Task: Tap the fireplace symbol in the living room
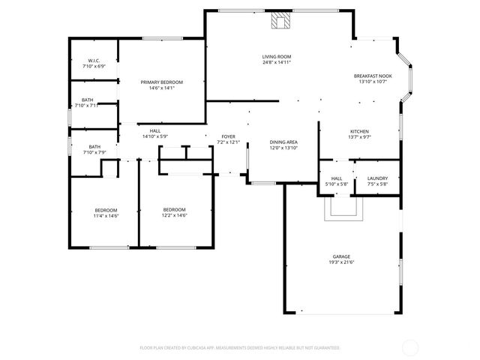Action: (x=281, y=21)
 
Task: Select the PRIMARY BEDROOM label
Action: (x=161, y=82)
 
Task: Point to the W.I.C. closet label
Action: (x=94, y=60)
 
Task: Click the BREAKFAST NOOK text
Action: (x=373, y=76)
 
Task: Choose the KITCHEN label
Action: (x=360, y=131)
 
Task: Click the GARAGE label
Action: (x=341, y=256)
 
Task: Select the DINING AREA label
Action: (x=283, y=142)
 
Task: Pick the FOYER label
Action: (x=228, y=136)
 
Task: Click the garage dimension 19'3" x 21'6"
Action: (x=341, y=262)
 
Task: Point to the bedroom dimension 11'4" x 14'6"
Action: (x=106, y=215)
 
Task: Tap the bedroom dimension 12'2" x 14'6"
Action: (x=175, y=215)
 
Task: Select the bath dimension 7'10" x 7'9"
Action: (x=94, y=152)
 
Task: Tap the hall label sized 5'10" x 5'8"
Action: (x=337, y=184)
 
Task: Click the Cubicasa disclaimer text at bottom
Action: (x=240, y=347)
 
